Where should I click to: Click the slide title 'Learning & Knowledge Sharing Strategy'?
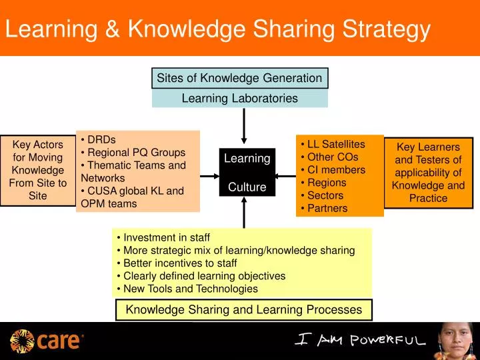point(218,29)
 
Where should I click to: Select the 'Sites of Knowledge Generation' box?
point(239,78)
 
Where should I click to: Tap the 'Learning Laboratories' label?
point(239,99)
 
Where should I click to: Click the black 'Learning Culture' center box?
point(247,173)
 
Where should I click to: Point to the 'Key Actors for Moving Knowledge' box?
point(38,170)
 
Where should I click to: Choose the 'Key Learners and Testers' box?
point(428,173)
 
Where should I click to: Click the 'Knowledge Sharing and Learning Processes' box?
point(244,309)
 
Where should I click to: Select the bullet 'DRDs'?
point(101,139)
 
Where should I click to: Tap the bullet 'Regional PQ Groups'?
point(136,152)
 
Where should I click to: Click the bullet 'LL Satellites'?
point(336,144)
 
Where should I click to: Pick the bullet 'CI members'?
point(336,169)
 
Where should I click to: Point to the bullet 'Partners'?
point(327,208)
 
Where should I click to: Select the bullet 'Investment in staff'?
point(166,237)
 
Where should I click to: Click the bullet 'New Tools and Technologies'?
point(190,289)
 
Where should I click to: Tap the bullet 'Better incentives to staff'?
point(180,263)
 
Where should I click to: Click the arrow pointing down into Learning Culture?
point(244,127)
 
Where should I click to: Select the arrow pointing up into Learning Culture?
point(244,212)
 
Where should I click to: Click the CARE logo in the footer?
point(47,341)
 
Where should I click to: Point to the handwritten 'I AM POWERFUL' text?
point(360,340)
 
